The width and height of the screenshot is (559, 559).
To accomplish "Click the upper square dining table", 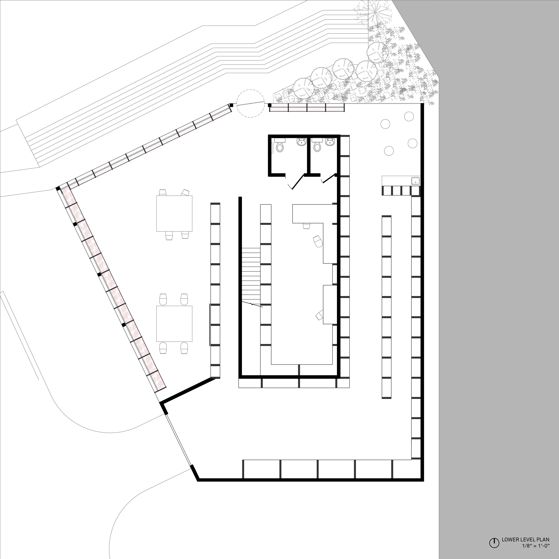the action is coord(174,214).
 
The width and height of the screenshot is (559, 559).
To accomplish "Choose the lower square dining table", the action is coord(174,323).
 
